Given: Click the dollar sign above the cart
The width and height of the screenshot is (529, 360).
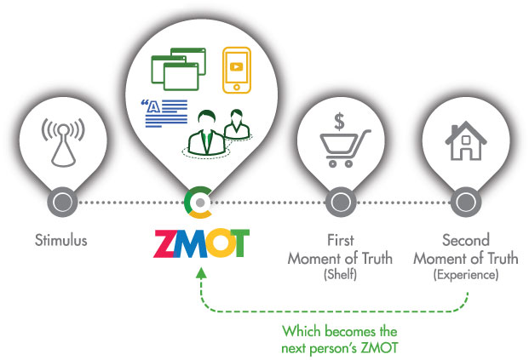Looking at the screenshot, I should click(338, 121).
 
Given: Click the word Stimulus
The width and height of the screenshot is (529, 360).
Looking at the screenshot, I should click(61, 241).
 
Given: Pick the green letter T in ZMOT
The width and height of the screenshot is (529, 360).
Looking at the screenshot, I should click(237, 243).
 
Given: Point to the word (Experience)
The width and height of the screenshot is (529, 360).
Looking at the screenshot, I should click(465, 275).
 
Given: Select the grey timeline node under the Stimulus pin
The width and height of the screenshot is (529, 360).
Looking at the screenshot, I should click(62, 203).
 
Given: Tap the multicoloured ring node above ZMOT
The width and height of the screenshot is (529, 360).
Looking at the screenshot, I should click(198, 202).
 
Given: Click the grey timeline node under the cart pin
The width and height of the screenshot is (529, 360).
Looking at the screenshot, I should click(340, 203).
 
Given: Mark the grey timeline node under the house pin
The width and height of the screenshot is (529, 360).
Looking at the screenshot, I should click(465, 203).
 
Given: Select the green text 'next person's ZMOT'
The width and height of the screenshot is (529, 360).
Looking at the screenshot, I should click(340, 348).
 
